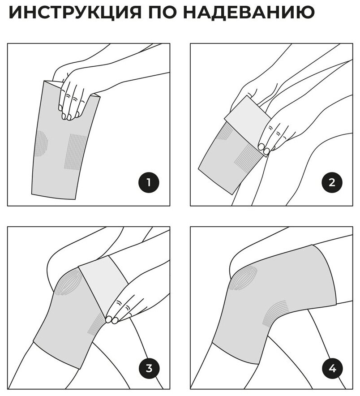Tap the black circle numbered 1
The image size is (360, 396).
click(x=149, y=183)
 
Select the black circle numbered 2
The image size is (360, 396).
click(x=332, y=183)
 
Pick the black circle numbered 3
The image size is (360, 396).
click(x=149, y=368)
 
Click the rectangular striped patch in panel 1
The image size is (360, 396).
click(x=74, y=151)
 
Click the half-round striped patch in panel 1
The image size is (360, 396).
click(x=42, y=144)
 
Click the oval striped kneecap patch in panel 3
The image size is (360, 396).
click(x=68, y=282)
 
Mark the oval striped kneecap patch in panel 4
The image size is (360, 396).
click(x=244, y=278)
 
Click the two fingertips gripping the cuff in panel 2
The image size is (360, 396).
click(x=264, y=149)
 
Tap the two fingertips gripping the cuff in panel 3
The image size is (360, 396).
click(x=112, y=320)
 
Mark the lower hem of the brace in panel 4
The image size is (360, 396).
click(x=235, y=353)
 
